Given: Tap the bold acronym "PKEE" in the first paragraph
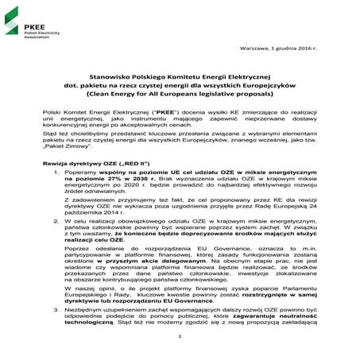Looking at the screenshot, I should [161, 114].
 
